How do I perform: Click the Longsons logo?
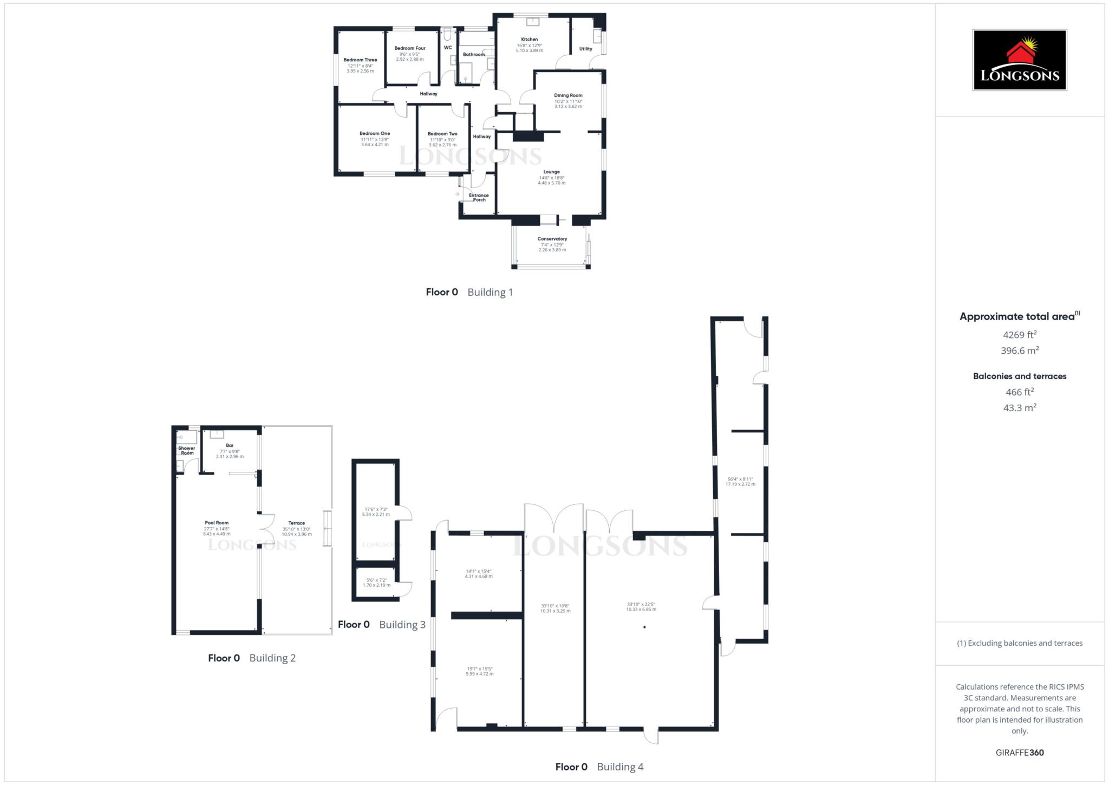1019,60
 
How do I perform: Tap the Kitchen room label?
529,40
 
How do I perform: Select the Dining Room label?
568,95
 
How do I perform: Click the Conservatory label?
552,239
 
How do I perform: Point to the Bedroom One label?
375,133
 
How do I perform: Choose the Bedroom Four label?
410,48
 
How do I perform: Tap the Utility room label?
585,49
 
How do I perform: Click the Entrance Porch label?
479,198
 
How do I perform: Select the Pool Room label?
217,523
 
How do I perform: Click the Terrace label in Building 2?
297,523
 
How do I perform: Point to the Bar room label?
230,445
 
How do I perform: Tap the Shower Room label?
187,451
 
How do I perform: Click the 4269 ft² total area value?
1020,335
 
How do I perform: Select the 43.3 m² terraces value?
1020,408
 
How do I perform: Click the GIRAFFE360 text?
1020,752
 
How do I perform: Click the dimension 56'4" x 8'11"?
740,479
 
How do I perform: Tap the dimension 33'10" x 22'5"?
641,604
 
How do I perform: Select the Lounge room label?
551,172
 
